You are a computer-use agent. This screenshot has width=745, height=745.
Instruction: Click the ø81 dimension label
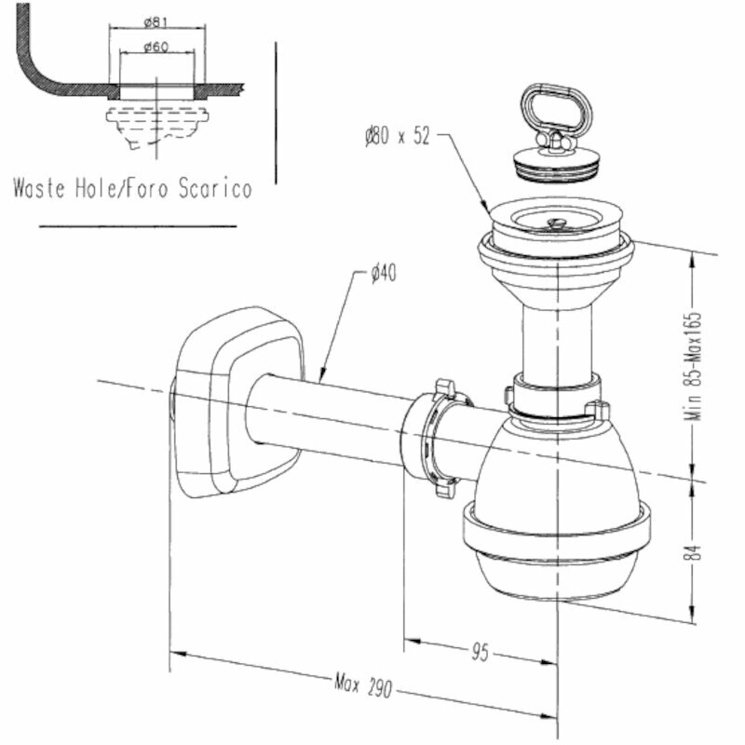156,22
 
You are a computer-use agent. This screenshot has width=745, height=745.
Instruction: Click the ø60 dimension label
156,48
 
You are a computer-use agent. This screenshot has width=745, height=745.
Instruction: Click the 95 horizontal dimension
480,652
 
